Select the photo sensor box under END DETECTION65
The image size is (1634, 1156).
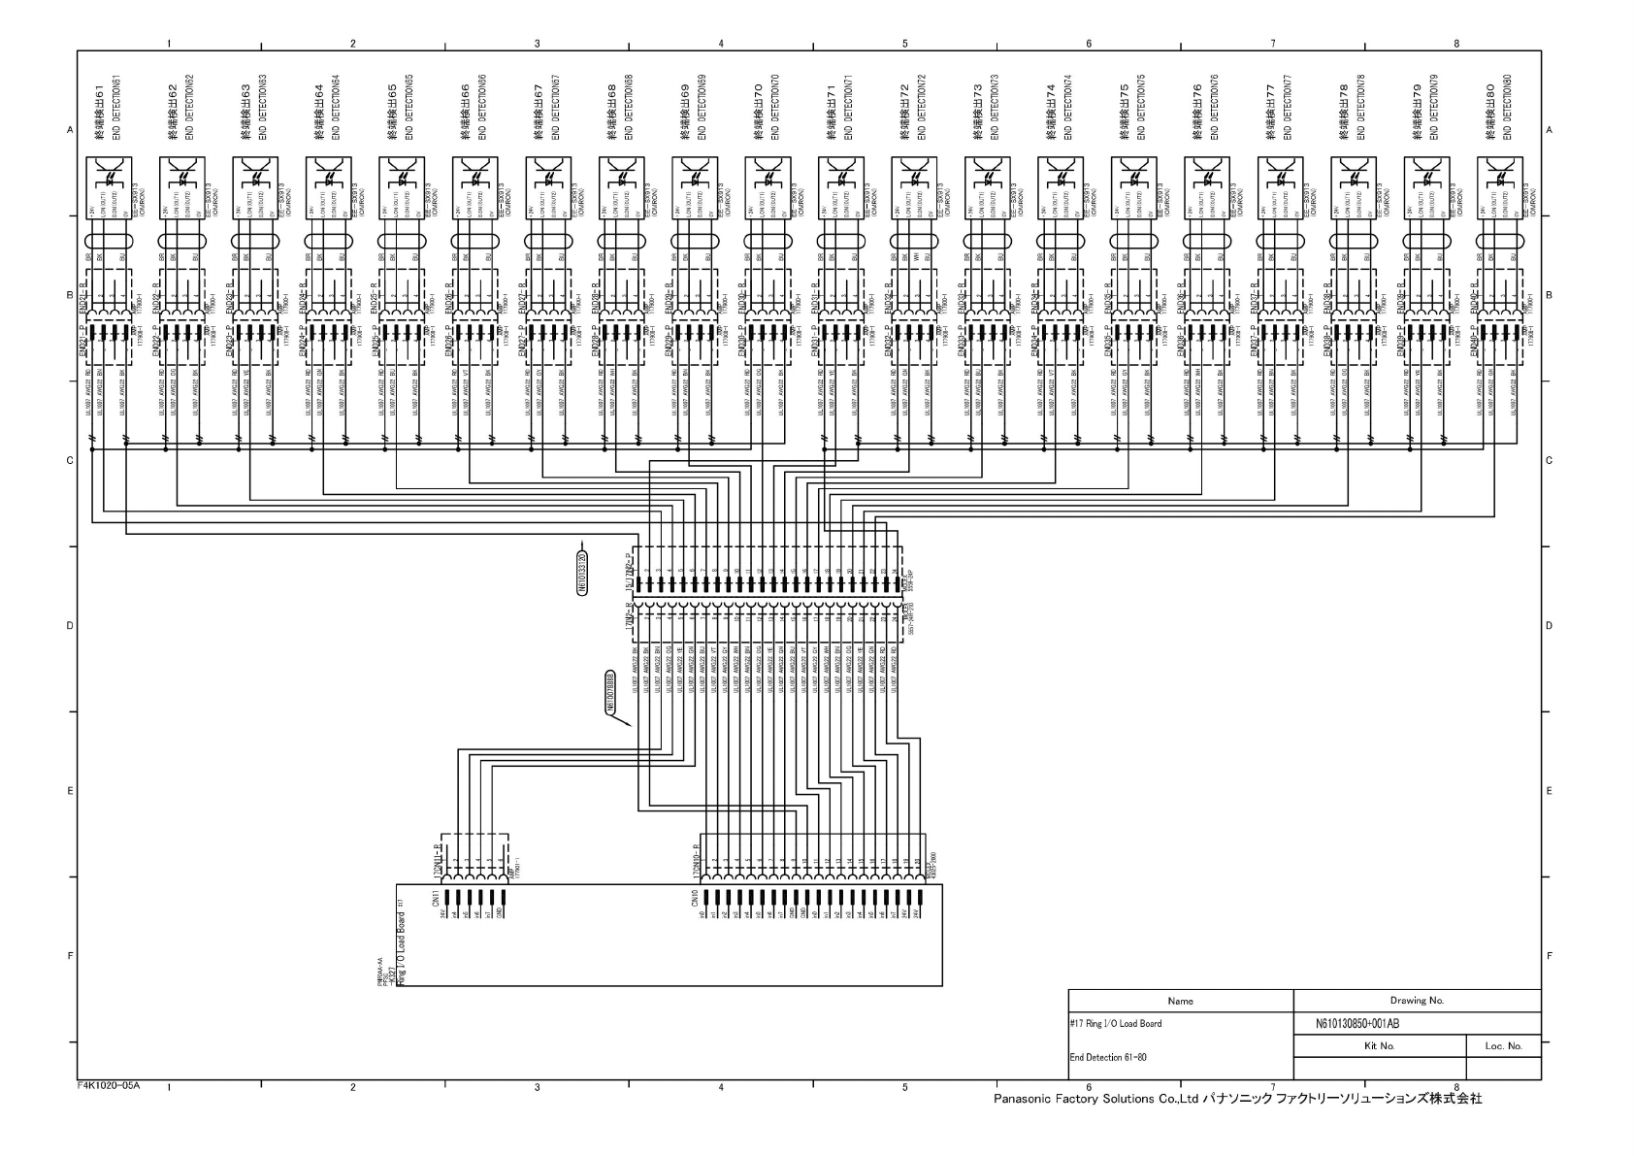click(x=401, y=188)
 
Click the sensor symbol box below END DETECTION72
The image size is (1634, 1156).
click(x=914, y=188)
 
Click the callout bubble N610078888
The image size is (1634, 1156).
click(x=610, y=692)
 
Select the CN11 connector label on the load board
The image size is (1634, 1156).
click(x=437, y=901)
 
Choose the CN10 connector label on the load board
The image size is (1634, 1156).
click(x=695, y=901)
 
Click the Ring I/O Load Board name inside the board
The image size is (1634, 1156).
click(x=400, y=948)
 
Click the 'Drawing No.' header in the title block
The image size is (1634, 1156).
click(x=1417, y=1000)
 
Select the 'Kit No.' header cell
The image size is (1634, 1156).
click(x=1379, y=1046)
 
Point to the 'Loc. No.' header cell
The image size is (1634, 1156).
click(x=1503, y=1046)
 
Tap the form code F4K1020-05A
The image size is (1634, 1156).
click(x=108, y=1085)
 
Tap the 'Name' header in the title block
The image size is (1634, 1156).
click(x=1180, y=1000)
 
